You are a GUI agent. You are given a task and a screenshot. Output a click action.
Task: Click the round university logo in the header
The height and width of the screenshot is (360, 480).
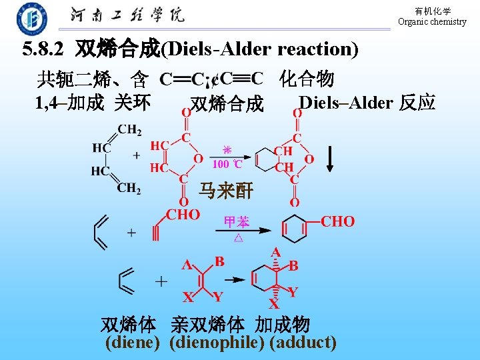click(x=32, y=18)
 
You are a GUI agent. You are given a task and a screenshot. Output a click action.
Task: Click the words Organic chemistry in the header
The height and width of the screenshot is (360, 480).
click(x=432, y=22)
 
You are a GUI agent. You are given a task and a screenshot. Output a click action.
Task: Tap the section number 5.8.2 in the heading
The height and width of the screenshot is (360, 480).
click(x=45, y=49)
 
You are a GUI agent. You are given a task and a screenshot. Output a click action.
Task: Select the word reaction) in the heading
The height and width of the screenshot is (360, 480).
click(x=318, y=49)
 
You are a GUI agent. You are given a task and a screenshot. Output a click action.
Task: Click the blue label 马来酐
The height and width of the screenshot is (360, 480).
click(x=226, y=192)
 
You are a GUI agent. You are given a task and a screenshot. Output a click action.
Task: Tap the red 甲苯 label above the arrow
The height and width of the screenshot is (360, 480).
click(x=238, y=221)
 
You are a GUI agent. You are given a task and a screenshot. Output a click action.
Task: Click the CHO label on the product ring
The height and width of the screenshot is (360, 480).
click(x=338, y=221)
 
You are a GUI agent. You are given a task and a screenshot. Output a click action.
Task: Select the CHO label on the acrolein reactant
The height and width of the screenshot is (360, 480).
click(x=183, y=214)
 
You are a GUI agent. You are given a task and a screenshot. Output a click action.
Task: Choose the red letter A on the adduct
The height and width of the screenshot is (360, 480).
click(x=275, y=253)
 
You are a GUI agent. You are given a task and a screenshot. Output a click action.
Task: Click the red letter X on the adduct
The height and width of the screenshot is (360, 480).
click(x=273, y=305)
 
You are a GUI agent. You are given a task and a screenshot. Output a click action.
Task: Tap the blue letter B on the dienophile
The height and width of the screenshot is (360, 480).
click(x=219, y=261)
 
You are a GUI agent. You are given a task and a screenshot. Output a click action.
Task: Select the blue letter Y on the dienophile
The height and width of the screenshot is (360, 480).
click(x=218, y=296)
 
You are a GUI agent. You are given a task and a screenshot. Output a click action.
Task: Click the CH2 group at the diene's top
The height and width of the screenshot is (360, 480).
click(x=129, y=130)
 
